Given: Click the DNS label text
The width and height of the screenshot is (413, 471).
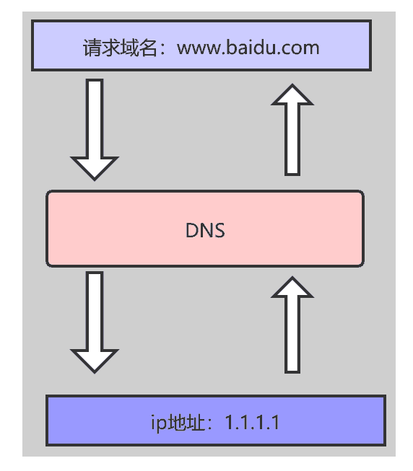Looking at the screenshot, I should (x=205, y=230).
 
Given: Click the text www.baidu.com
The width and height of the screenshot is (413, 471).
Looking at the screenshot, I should (x=248, y=48).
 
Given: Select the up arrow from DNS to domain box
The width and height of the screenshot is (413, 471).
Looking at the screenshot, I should (x=292, y=130).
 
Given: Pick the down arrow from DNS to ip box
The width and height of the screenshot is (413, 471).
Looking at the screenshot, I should (x=95, y=321).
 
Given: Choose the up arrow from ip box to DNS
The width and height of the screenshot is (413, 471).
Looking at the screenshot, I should (x=292, y=324).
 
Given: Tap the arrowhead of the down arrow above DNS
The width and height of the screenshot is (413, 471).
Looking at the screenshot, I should (x=95, y=167).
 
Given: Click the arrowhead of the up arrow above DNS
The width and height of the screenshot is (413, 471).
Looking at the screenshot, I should (x=292, y=95).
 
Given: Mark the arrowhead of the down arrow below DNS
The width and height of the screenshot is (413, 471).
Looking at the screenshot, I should (x=95, y=361).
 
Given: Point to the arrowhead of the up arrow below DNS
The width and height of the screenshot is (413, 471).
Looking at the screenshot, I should (x=292, y=287).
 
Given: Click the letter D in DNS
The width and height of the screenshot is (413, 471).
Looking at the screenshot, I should (x=191, y=230).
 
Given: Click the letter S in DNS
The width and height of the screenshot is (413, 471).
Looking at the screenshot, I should (x=219, y=230).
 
